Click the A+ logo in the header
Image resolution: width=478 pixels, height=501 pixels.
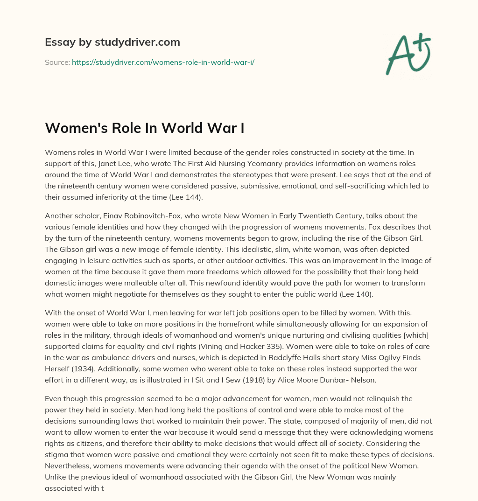(x=408, y=54)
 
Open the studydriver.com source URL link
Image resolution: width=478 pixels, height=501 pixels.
(x=163, y=62)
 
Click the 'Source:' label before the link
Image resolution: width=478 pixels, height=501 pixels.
(x=57, y=62)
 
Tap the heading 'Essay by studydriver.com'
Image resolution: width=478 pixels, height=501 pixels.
(x=112, y=42)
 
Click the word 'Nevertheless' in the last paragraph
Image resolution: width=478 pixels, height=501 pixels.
(x=68, y=466)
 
